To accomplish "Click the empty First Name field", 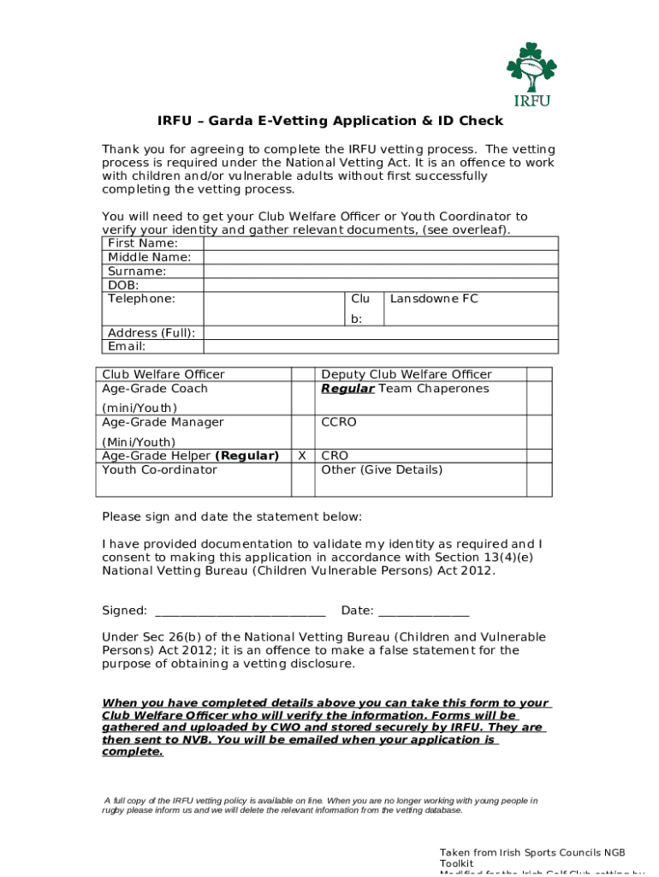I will tap(380, 243).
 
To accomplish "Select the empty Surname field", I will tap(380, 271).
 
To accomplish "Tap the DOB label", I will tap(123, 284).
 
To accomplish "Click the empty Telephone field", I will tap(274, 308).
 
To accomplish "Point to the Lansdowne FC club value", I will tap(434, 299).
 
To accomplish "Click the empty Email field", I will tap(380, 346).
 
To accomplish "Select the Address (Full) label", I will tap(151, 332).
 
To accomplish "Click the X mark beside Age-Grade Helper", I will tap(302, 456).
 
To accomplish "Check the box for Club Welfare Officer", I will tap(303, 374).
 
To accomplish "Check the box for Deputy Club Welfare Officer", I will tap(538, 374).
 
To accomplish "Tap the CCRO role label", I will tap(339, 422).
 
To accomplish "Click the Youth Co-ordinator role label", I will tap(159, 469).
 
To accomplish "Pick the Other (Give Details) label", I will tap(382, 469).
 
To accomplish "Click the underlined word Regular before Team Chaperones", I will tap(347, 388).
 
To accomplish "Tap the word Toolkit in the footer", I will tap(456, 863).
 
